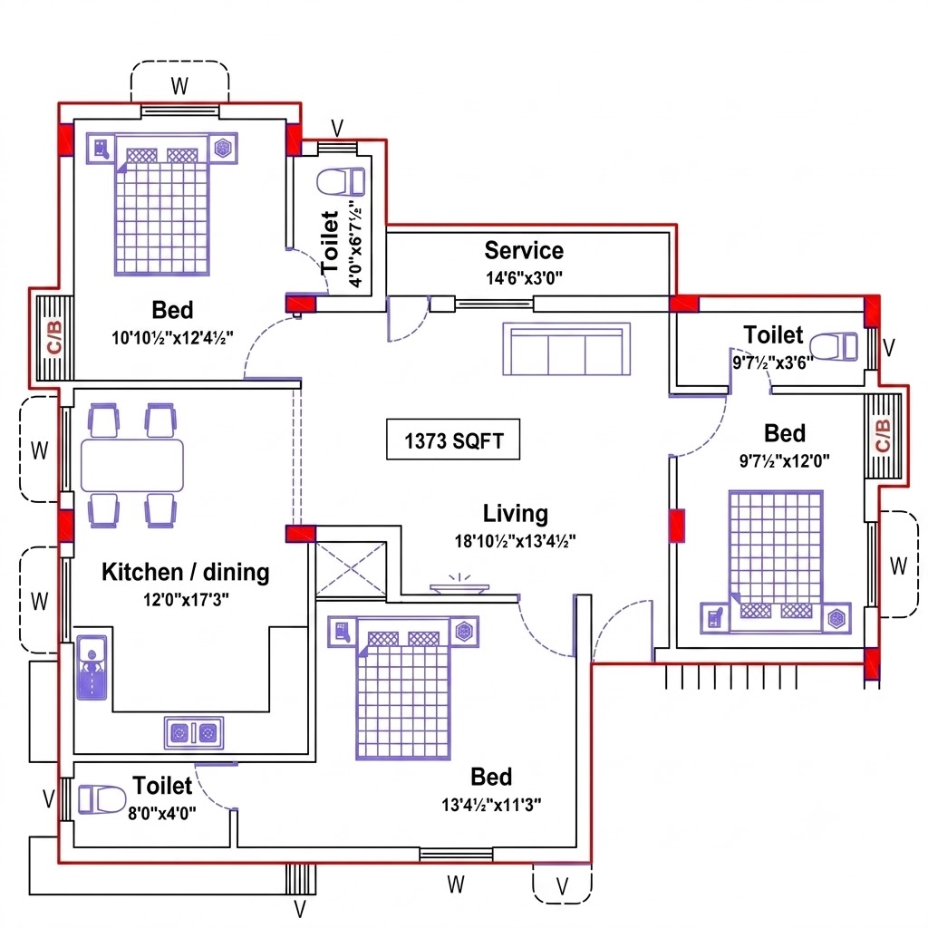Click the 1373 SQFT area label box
pyautogui.click(x=453, y=440)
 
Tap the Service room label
pyautogui.click(x=524, y=250)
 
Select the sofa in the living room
pyautogui.click(x=566, y=349)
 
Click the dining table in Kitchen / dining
pyautogui.click(x=132, y=465)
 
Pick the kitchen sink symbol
pyautogui.click(x=92, y=668)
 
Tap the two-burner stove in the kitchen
pyautogui.click(x=194, y=732)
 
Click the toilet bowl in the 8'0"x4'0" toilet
pyautogui.click(x=101, y=799)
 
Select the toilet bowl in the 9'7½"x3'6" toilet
pyautogui.click(x=834, y=347)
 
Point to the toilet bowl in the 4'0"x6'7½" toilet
pyautogui.click(x=341, y=181)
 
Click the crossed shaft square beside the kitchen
pyautogui.click(x=351, y=569)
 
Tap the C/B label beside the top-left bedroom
pyautogui.click(x=53, y=337)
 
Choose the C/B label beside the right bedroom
pyautogui.click(x=882, y=435)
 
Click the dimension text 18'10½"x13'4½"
pyautogui.click(x=515, y=541)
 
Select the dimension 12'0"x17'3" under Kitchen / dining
pyautogui.click(x=186, y=600)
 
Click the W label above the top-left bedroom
pyautogui.click(x=180, y=86)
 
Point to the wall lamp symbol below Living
pyautogui.click(x=459, y=584)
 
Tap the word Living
pyautogui.click(x=516, y=514)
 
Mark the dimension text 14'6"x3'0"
pyautogui.click(x=524, y=277)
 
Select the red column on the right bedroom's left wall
pyautogui.click(x=677, y=526)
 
